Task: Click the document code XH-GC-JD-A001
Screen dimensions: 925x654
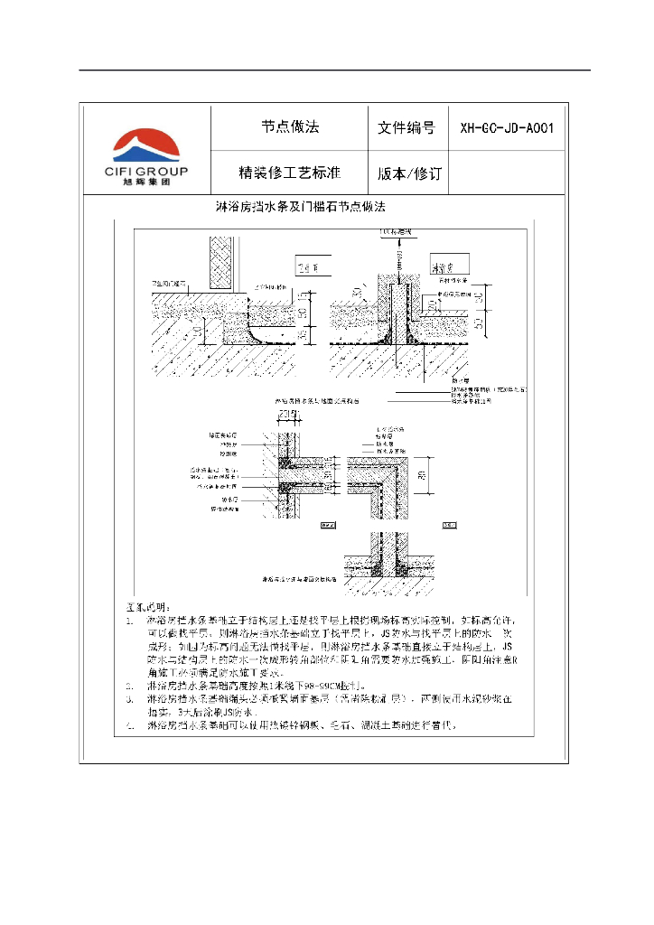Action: tap(507, 128)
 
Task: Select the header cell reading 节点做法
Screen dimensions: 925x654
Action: tap(290, 127)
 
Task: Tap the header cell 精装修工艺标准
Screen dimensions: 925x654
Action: tap(289, 173)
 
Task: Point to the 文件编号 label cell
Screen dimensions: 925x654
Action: tap(406, 128)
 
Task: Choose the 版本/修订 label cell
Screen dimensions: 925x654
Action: tap(406, 173)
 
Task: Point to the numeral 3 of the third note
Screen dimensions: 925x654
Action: tap(131, 699)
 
